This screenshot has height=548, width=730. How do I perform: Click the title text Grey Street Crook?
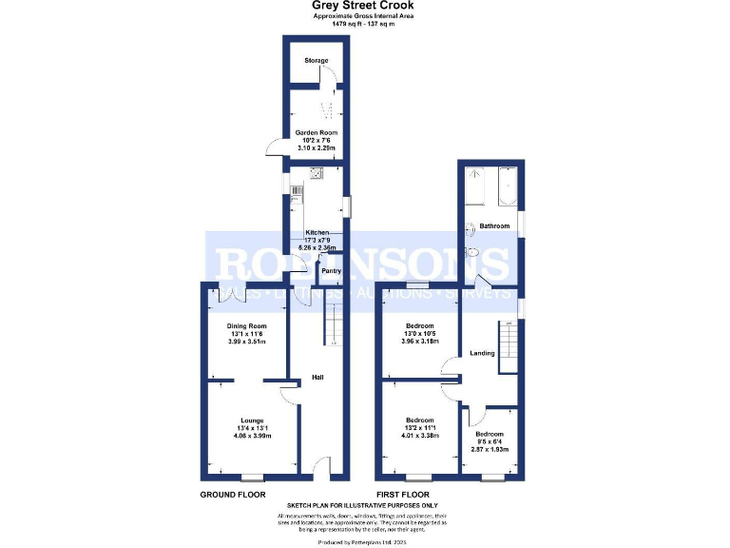pos(364,6)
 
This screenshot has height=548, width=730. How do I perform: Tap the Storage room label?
pos(316,61)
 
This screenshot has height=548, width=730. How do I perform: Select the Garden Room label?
pos(316,133)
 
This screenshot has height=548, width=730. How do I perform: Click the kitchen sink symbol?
pos(317,173)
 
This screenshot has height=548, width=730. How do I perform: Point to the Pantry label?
pos(331,271)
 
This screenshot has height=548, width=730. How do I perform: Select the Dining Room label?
pos(245,326)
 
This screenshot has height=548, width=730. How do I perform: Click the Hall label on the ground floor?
pos(318,378)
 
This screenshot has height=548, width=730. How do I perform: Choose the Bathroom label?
pos(494,226)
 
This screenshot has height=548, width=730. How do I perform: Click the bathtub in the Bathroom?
pos(507,187)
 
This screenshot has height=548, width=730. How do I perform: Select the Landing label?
pos(481,354)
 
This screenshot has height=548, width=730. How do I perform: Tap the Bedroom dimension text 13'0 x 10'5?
pos(420,333)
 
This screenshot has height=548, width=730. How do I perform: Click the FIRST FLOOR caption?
pos(402,496)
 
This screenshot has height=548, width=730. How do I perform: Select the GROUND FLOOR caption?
pos(232,496)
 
